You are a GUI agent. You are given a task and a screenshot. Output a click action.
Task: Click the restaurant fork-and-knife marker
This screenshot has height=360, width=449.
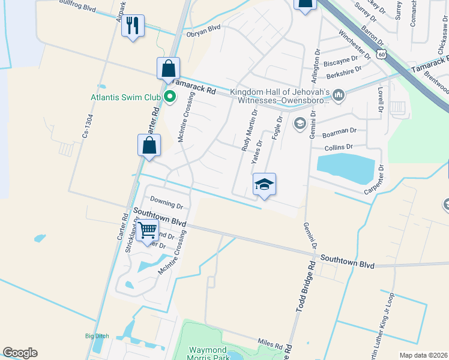coord(133,26)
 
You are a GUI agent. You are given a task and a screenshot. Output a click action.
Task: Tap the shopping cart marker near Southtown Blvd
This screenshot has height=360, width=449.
coord(147,230)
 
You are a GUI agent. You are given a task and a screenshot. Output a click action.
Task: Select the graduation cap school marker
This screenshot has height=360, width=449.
coord(264,185)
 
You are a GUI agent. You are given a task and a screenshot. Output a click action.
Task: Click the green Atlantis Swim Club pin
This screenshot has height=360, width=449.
coord(170,95)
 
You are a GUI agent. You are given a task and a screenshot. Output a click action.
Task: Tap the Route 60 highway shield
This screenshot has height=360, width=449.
coord(382,54)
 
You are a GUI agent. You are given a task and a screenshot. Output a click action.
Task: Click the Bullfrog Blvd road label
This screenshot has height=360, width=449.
coord(77,6)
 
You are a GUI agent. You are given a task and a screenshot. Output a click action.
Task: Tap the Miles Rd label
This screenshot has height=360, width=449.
coord(270,344)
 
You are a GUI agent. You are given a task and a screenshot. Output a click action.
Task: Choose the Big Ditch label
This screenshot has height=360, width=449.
coord(97,336)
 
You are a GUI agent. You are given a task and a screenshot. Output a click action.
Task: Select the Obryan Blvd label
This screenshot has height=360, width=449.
coord(203,28)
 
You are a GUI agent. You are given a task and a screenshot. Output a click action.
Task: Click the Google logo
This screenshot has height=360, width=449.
coord(20,353)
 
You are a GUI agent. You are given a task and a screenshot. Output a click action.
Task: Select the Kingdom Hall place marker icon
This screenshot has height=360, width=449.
coord(339,94)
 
